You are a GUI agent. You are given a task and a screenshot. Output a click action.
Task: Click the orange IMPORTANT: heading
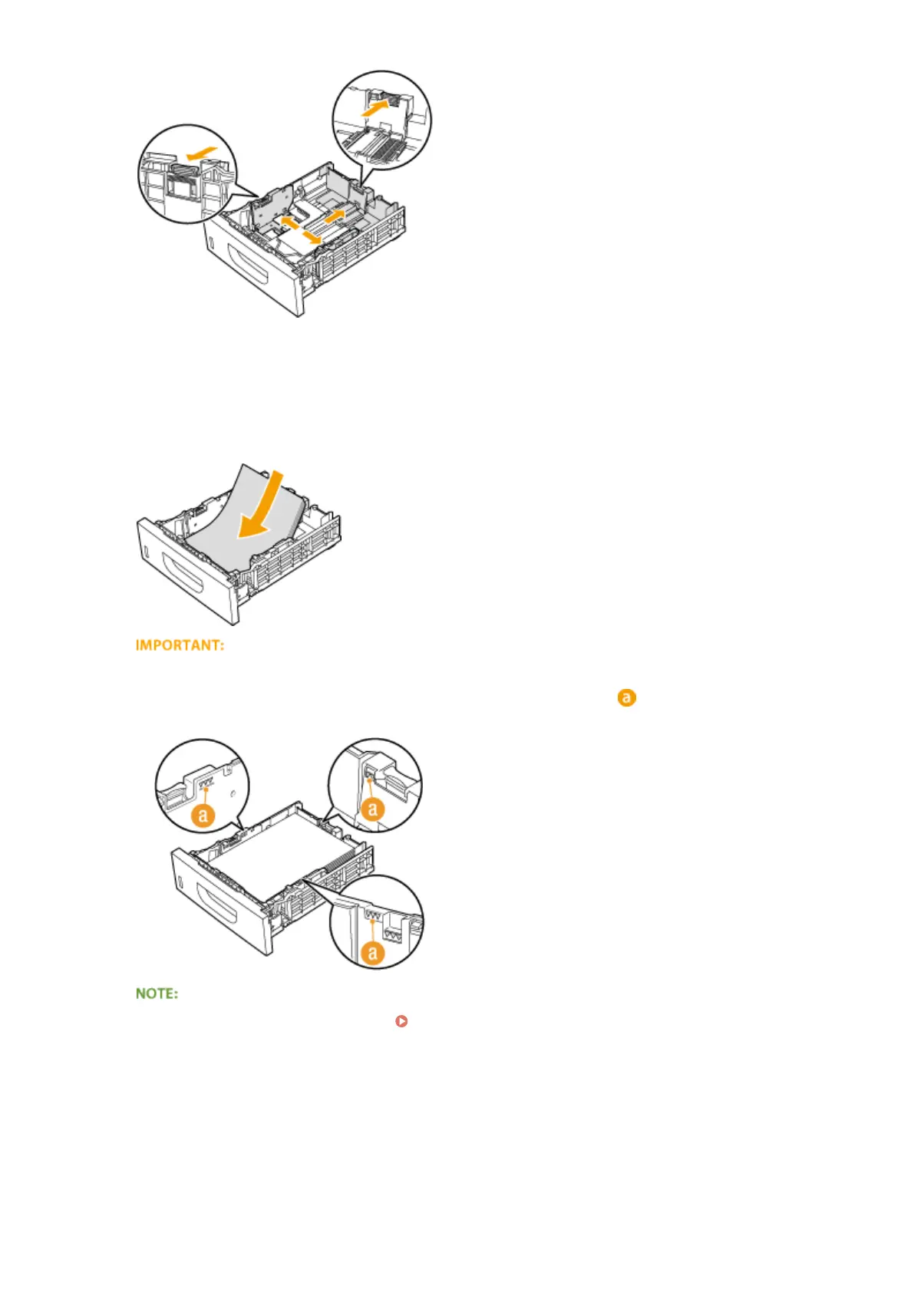click(x=180, y=645)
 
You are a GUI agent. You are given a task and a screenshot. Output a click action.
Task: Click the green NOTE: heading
click(x=157, y=994)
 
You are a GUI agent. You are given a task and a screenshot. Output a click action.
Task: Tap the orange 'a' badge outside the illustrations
click(x=626, y=698)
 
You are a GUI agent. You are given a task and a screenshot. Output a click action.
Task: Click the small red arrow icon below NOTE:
click(x=401, y=1021)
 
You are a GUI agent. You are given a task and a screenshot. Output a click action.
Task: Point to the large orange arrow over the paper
click(x=260, y=507)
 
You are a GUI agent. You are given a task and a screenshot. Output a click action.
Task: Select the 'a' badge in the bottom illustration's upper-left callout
click(x=203, y=815)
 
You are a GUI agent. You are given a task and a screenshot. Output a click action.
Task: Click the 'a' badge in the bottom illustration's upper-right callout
click(x=373, y=808)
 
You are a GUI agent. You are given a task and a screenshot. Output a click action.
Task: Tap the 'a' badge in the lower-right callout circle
click(x=373, y=952)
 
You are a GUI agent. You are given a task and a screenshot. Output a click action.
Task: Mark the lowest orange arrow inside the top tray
click(x=311, y=239)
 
